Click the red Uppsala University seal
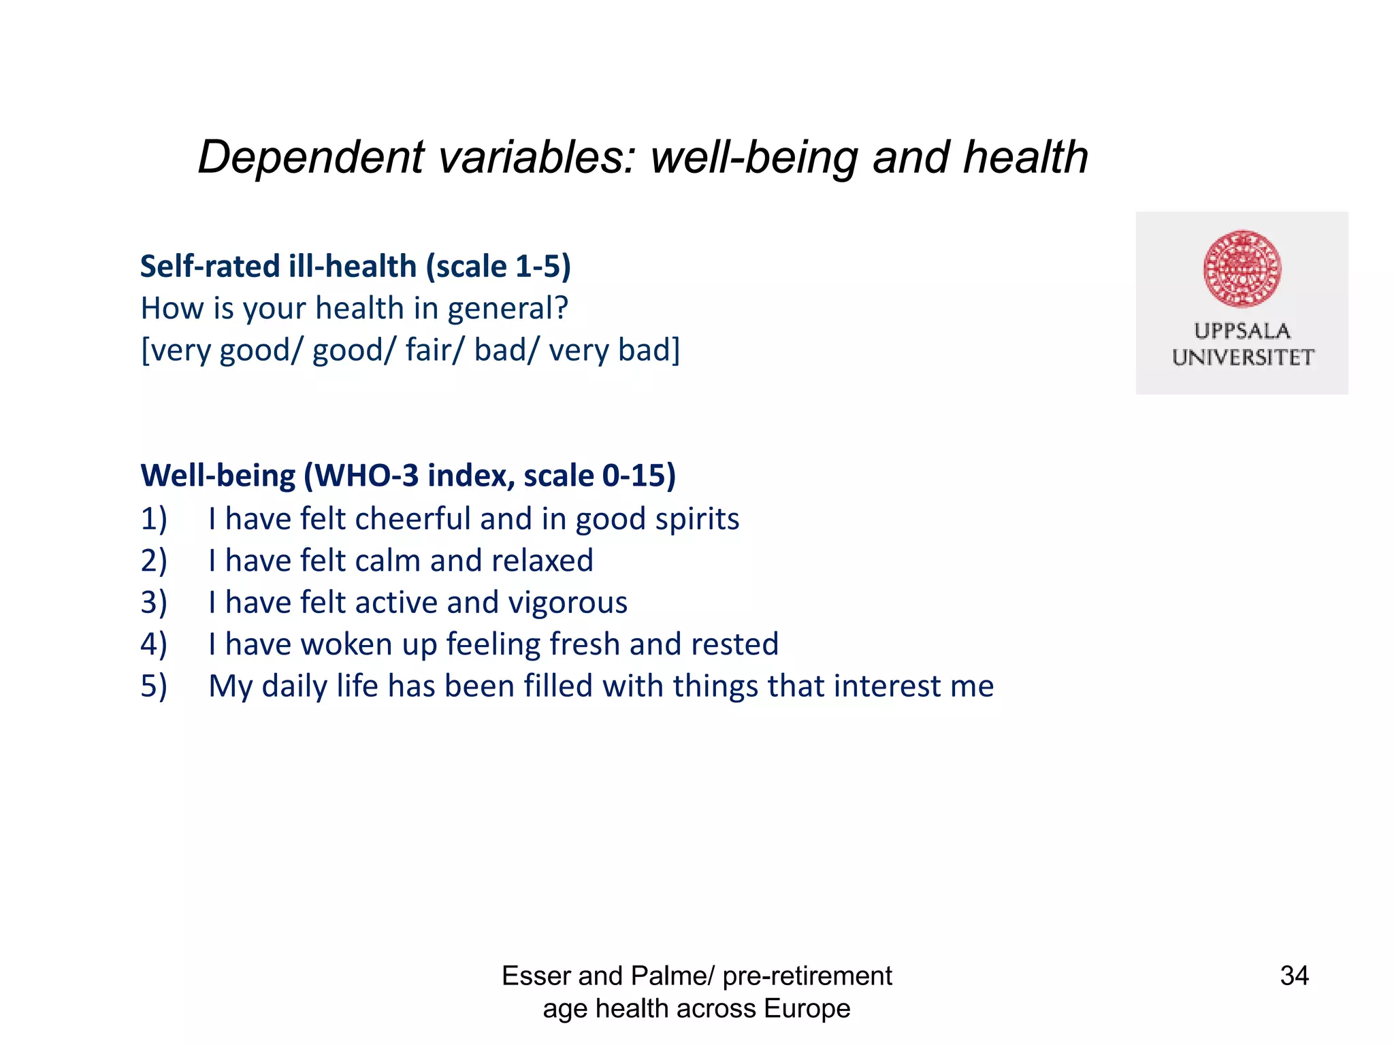(x=1242, y=269)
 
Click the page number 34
(x=1294, y=976)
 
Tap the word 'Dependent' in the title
(x=311, y=157)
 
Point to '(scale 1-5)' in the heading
(x=498, y=266)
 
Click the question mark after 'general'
(x=561, y=308)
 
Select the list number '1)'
(x=154, y=519)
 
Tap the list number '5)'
(x=154, y=686)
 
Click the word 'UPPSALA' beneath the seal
(x=1242, y=331)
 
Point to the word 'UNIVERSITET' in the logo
(x=1242, y=358)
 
